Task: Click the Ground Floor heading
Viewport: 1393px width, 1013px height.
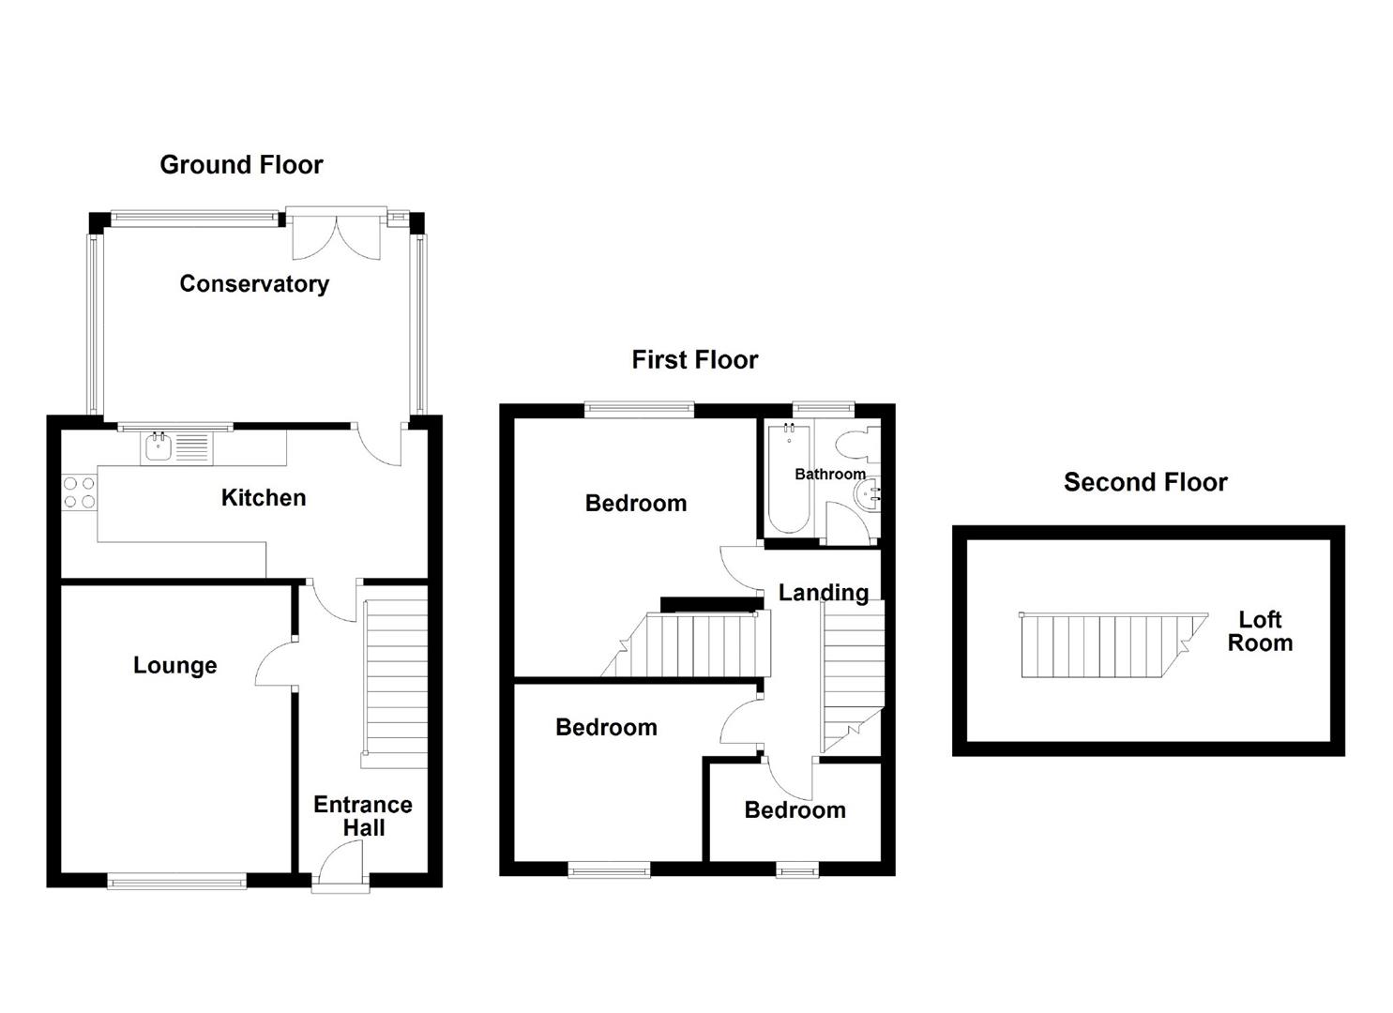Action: (241, 165)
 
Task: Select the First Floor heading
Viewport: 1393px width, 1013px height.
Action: (694, 360)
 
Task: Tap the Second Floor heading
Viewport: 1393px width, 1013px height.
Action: (1145, 482)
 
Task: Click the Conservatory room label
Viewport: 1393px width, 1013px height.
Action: (254, 284)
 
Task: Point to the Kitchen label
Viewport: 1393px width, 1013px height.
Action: (264, 498)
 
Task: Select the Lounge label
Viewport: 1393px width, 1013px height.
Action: (175, 666)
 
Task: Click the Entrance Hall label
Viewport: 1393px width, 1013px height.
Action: (363, 816)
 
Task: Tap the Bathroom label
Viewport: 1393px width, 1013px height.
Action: (829, 474)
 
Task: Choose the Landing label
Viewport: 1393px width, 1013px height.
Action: (824, 593)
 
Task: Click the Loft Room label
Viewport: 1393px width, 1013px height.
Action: (1260, 631)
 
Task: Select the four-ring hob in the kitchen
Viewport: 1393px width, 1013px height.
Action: (79, 492)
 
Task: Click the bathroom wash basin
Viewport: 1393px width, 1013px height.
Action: (871, 493)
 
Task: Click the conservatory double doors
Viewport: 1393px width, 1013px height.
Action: (337, 234)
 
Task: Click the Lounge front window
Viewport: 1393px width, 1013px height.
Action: (176, 880)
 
